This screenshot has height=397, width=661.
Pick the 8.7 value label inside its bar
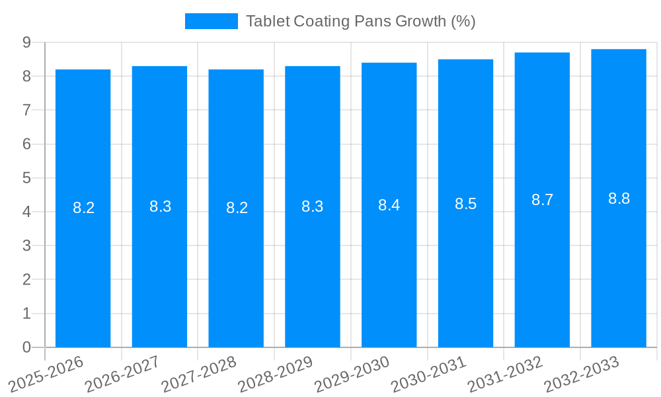point(542,200)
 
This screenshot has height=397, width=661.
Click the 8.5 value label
point(465,204)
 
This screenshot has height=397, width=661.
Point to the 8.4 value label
point(389,205)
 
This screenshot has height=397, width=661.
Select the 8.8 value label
point(619,198)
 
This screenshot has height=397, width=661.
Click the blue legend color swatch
point(211,21)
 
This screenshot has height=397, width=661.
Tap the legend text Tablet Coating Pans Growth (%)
point(360,21)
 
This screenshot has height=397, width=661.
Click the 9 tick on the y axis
point(26,42)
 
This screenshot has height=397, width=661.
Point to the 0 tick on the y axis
point(26,347)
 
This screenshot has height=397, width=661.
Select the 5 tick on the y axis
point(26,178)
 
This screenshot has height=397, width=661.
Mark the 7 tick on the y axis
point(26,110)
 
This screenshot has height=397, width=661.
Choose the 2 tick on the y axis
point(26,279)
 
